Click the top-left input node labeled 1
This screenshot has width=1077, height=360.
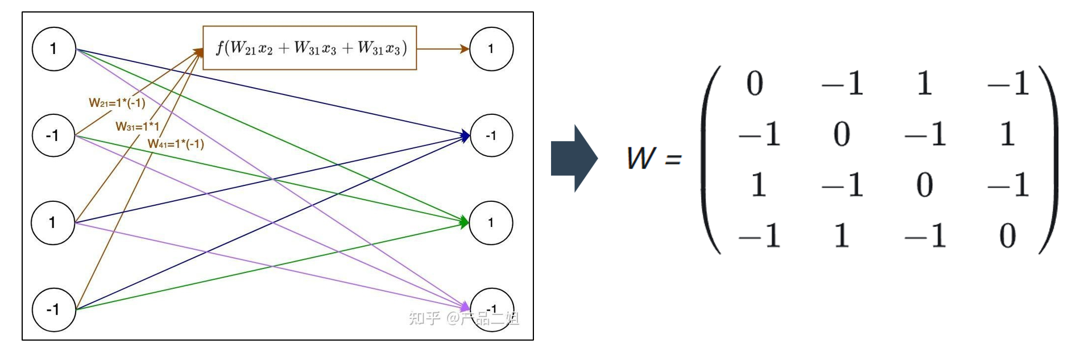click(x=54, y=49)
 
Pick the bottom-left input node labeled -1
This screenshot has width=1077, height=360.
click(x=54, y=309)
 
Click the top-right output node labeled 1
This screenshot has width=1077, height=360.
click(x=491, y=49)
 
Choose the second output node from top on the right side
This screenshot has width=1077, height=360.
click(x=491, y=135)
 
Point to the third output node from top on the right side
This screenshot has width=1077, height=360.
click(x=491, y=222)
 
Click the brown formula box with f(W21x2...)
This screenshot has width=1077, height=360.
click(x=310, y=48)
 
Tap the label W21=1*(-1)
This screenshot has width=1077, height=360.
click(x=117, y=103)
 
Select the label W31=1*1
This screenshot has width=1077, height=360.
click(x=138, y=126)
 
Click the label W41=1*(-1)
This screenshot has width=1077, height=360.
click(x=176, y=144)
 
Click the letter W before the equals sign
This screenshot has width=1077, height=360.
click(x=641, y=158)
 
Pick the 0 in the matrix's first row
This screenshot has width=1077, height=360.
click(x=755, y=84)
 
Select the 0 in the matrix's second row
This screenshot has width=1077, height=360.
click(x=842, y=134)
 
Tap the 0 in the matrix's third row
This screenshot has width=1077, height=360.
click(x=925, y=185)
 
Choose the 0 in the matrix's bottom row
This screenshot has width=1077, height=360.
click(x=1008, y=235)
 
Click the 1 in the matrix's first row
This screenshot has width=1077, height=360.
click(x=925, y=84)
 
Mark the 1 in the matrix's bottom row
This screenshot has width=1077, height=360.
click(x=842, y=235)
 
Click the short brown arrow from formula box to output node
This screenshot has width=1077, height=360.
click(x=444, y=49)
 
